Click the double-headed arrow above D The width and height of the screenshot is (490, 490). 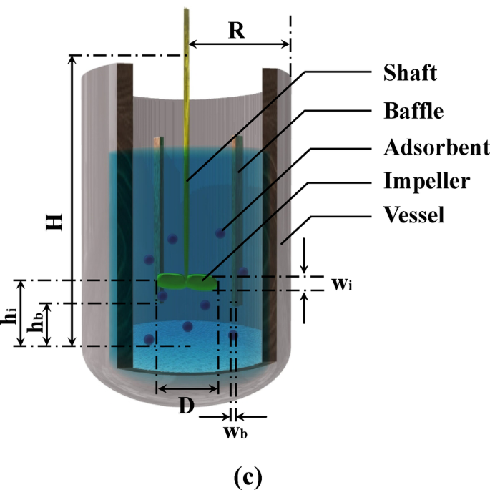pos(187,390)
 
